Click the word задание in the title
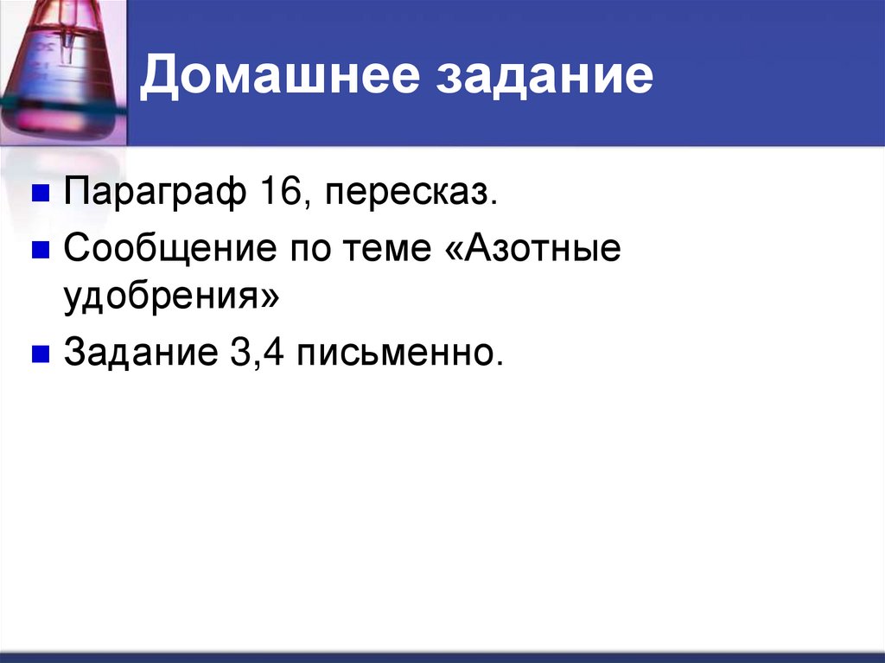(548, 77)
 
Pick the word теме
(400, 251)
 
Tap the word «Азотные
(545, 251)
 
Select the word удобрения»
(171, 300)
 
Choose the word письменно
(400, 354)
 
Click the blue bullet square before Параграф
(39, 192)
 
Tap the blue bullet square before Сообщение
(39, 250)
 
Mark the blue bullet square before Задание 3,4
(39, 353)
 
